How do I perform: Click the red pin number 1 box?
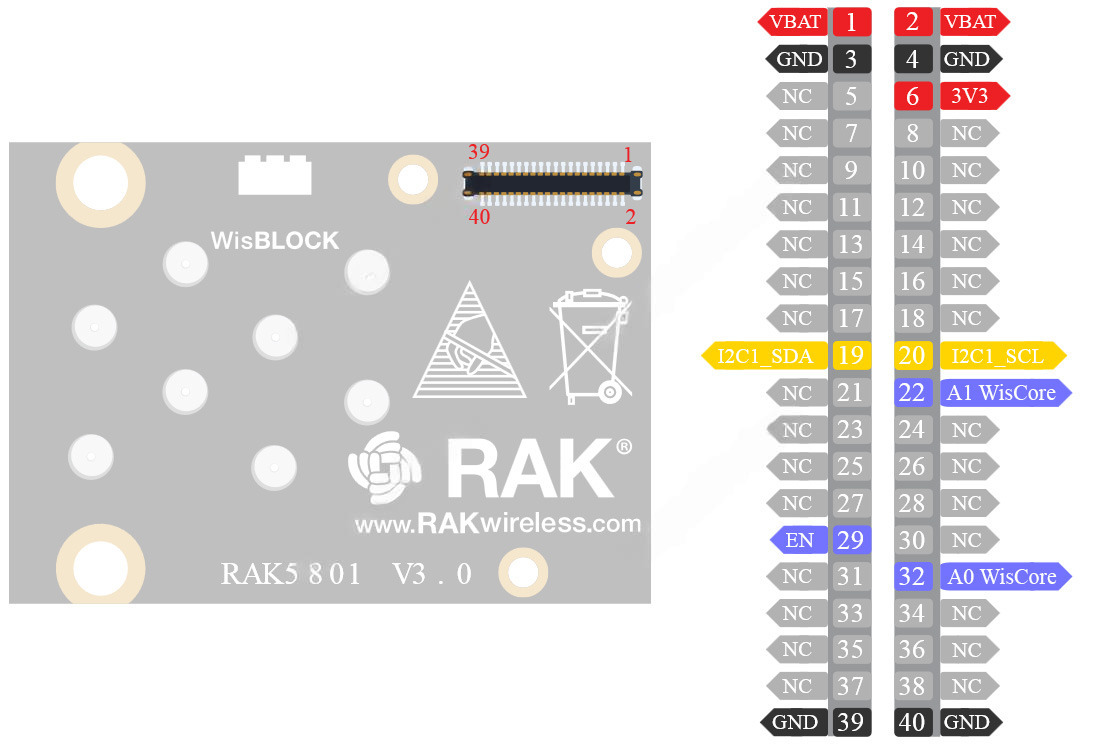(x=851, y=21)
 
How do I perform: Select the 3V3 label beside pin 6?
(x=971, y=96)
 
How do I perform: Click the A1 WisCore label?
(x=1002, y=392)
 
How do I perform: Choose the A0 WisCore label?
(x=1002, y=577)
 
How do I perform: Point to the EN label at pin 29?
(x=800, y=541)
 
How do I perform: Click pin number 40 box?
(x=912, y=722)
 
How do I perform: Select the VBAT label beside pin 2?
(x=971, y=21)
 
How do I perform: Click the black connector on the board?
(x=552, y=182)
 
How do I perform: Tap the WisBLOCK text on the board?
(x=275, y=241)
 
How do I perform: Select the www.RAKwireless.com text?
(x=497, y=523)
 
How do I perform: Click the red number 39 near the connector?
(x=479, y=152)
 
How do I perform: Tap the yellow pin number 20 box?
(x=912, y=355)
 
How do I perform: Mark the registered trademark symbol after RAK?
(x=624, y=447)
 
